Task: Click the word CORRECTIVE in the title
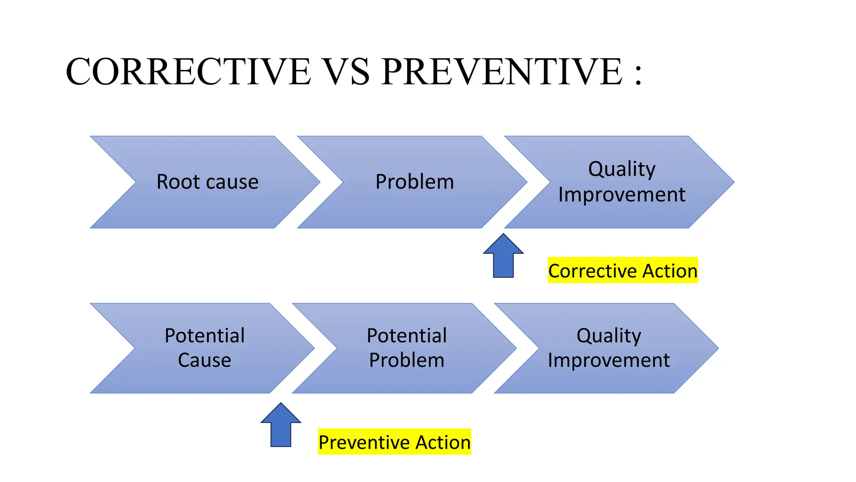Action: (188, 72)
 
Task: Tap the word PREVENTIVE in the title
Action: (502, 72)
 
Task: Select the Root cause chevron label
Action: (207, 182)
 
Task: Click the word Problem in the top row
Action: (414, 182)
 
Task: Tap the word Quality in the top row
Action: (622, 169)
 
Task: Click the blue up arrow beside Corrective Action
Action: (503, 257)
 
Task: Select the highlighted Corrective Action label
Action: (622, 271)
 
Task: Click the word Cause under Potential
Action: (204, 360)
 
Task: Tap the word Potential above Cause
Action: (204, 336)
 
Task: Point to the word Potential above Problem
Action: (407, 336)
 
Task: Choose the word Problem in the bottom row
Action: (407, 360)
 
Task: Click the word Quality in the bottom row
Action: (609, 336)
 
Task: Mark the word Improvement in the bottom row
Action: (609, 360)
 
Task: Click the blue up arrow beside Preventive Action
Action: (281, 427)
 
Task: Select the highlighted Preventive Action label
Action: (394, 442)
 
